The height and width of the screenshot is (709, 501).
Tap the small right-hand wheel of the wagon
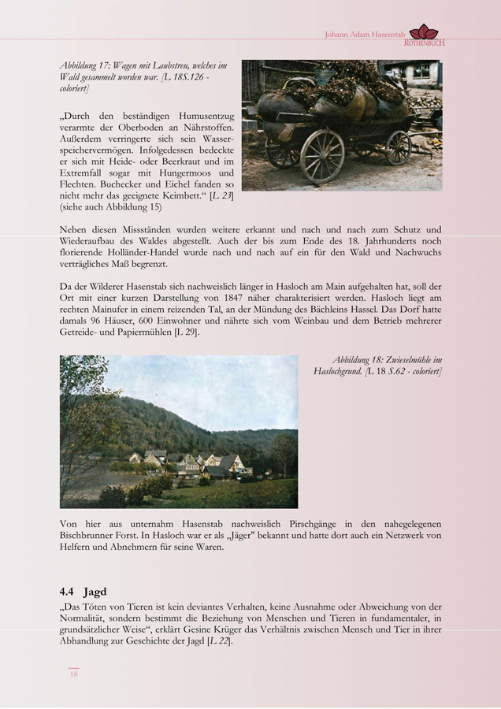pos(399,147)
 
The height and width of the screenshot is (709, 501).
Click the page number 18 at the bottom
pos(74,674)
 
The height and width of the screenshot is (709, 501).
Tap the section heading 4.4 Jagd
pos(83,590)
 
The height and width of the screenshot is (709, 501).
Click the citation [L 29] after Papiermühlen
pos(186,332)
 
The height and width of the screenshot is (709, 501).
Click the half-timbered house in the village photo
pos(191,465)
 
